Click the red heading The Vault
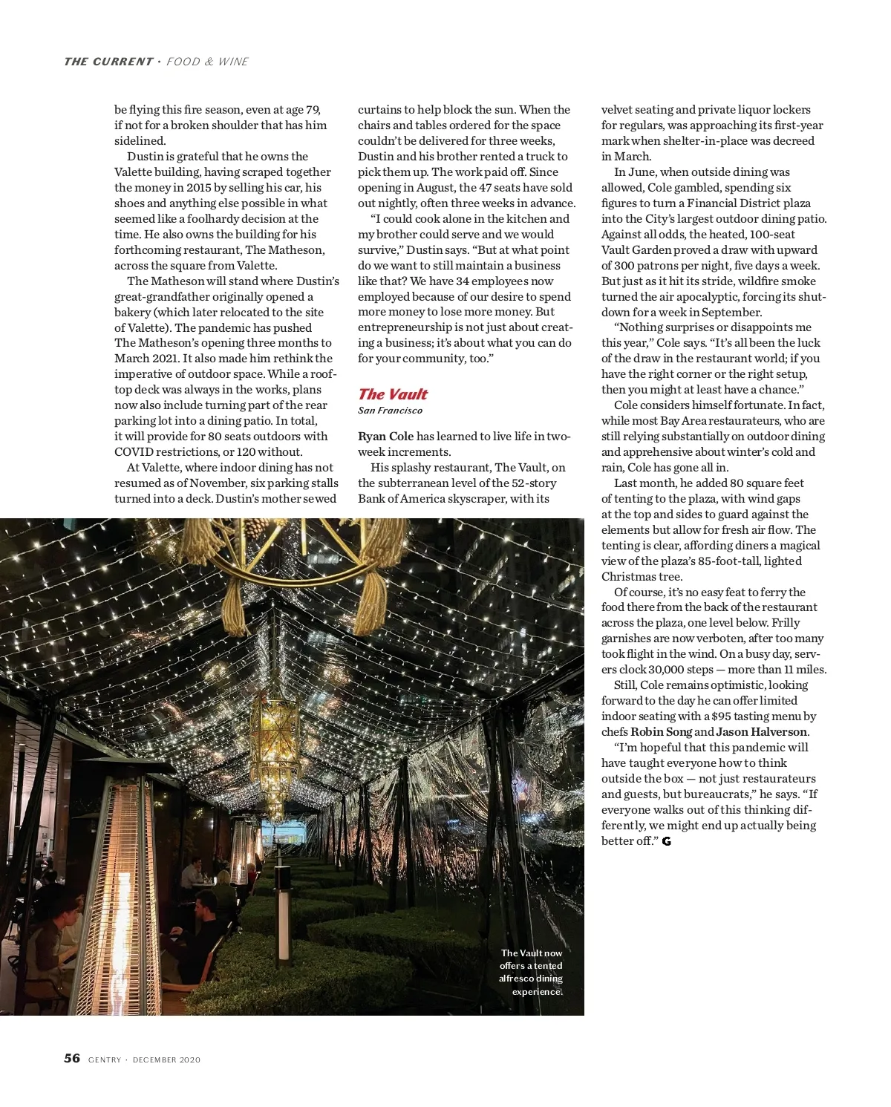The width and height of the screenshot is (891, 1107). (x=393, y=394)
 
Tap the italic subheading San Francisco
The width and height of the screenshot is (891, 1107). (x=390, y=411)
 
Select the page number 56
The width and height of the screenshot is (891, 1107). (x=72, y=1058)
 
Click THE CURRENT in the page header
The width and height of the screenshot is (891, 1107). (x=108, y=62)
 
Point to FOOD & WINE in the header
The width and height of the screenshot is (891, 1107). (x=207, y=62)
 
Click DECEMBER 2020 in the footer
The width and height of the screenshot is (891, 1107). (x=166, y=1059)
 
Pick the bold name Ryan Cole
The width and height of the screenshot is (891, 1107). (x=385, y=437)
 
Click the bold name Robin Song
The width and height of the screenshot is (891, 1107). (x=661, y=732)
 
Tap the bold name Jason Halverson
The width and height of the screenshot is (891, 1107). (x=762, y=732)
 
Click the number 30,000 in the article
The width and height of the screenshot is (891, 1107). (x=666, y=670)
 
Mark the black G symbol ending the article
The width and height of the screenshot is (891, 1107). (x=667, y=841)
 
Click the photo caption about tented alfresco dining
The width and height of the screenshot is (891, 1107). (x=531, y=972)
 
